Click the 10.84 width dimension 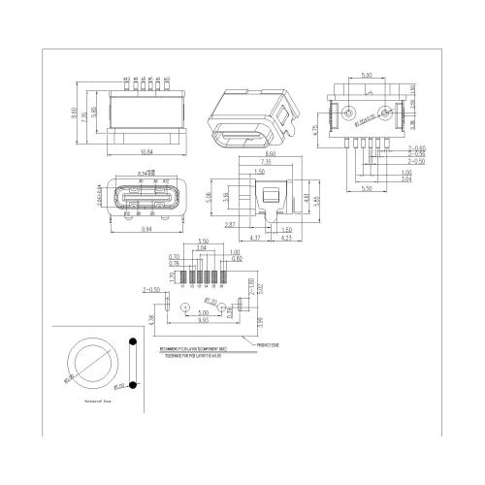146,150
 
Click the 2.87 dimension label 230,224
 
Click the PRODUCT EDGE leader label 270,343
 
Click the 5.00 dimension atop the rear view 366,74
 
